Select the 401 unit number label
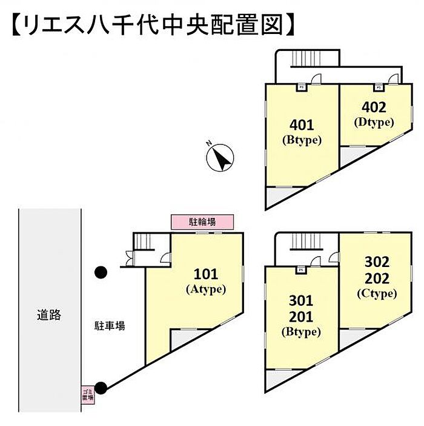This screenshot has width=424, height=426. (302, 125)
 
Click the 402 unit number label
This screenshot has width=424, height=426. (374, 107)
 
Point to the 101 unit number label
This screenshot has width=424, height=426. (205, 274)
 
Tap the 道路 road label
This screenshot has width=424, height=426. (49, 315)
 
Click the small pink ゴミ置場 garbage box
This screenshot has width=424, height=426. (88, 395)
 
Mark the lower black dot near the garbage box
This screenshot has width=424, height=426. (101, 387)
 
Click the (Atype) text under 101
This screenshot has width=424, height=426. (205, 289)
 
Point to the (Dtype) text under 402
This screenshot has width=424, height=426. (374, 122)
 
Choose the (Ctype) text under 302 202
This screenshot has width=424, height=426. (376, 294)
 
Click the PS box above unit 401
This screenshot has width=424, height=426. (301, 87)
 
